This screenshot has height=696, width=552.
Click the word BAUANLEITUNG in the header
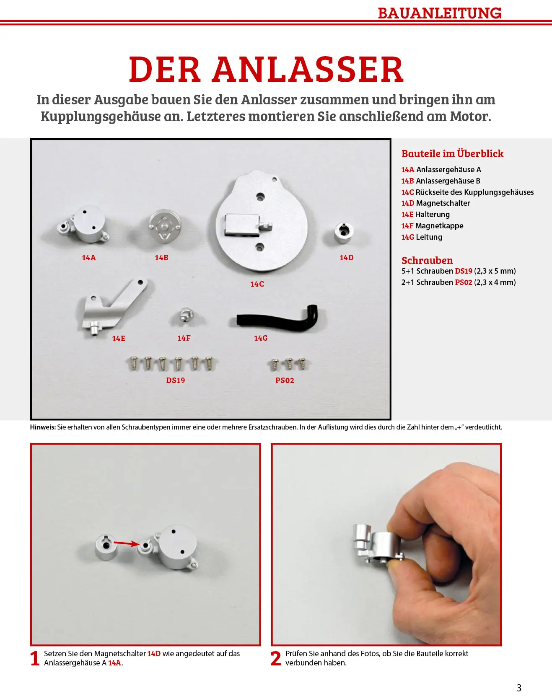[x=439, y=13]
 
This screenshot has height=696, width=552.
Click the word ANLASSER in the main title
[x=308, y=70]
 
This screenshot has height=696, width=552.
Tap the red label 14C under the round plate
[x=257, y=284]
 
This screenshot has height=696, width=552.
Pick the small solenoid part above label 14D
[x=344, y=232]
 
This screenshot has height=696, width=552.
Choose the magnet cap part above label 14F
[x=185, y=316]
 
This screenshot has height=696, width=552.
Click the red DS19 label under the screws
[x=175, y=380]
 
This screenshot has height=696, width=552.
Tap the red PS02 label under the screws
[x=285, y=380]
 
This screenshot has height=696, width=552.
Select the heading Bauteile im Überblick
[x=452, y=154]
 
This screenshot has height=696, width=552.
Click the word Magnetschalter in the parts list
[x=443, y=203]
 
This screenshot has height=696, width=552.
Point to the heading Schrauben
[x=427, y=260]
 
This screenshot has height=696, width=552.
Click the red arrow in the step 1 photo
[x=126, y=543]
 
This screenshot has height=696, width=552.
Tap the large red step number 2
[x=276, y=658]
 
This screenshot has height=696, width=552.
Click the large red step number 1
[x=35, y=658]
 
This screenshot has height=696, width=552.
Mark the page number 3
[x=519, y=688]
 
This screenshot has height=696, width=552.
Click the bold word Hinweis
[x=43, y=427]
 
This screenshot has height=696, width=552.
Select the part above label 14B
[x=165, y=225]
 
